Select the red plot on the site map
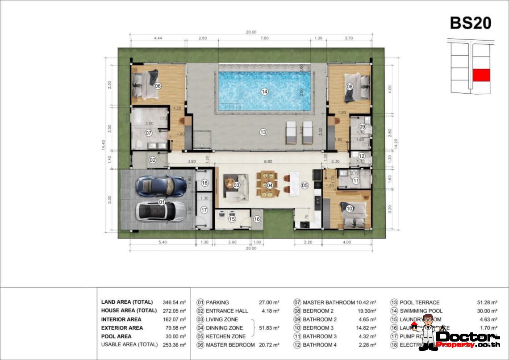(481, 75)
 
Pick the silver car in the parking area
(160, 211)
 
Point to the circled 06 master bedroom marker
(157, 86)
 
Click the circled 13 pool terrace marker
(263, 132)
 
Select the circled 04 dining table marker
(270, 185)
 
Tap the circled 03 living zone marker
(237, 184)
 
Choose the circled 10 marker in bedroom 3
(349, 208)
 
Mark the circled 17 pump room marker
(204, 209)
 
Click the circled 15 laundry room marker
(232, 219)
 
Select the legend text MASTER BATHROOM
(329, 302)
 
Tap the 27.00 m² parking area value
(269, 302)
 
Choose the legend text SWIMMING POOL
(421, 311)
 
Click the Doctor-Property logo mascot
(428, 331)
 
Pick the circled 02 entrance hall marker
(152, 159)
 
